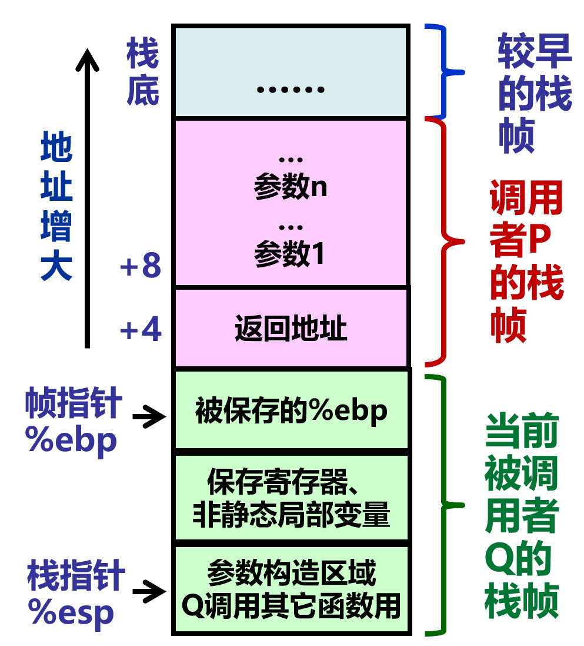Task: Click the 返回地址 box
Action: pyautogui.click(x=291, y=328)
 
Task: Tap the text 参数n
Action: pyautogui.click(x=291, y=187)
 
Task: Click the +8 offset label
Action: pyautogui.click(x=141, y=267)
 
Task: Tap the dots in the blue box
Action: pyautogui.click(x=291, y=90)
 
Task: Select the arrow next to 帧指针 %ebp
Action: pyautogui.click(x=150, y=418)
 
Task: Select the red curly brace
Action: pyautogui.click(x=446, y=241)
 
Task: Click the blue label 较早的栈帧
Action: pyautogui.click(x=534, y=93)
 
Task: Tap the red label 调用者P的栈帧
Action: pyautogui.click(x=526, y=261)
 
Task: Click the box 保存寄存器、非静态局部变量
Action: pyautogui.click(x=291, y=498)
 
